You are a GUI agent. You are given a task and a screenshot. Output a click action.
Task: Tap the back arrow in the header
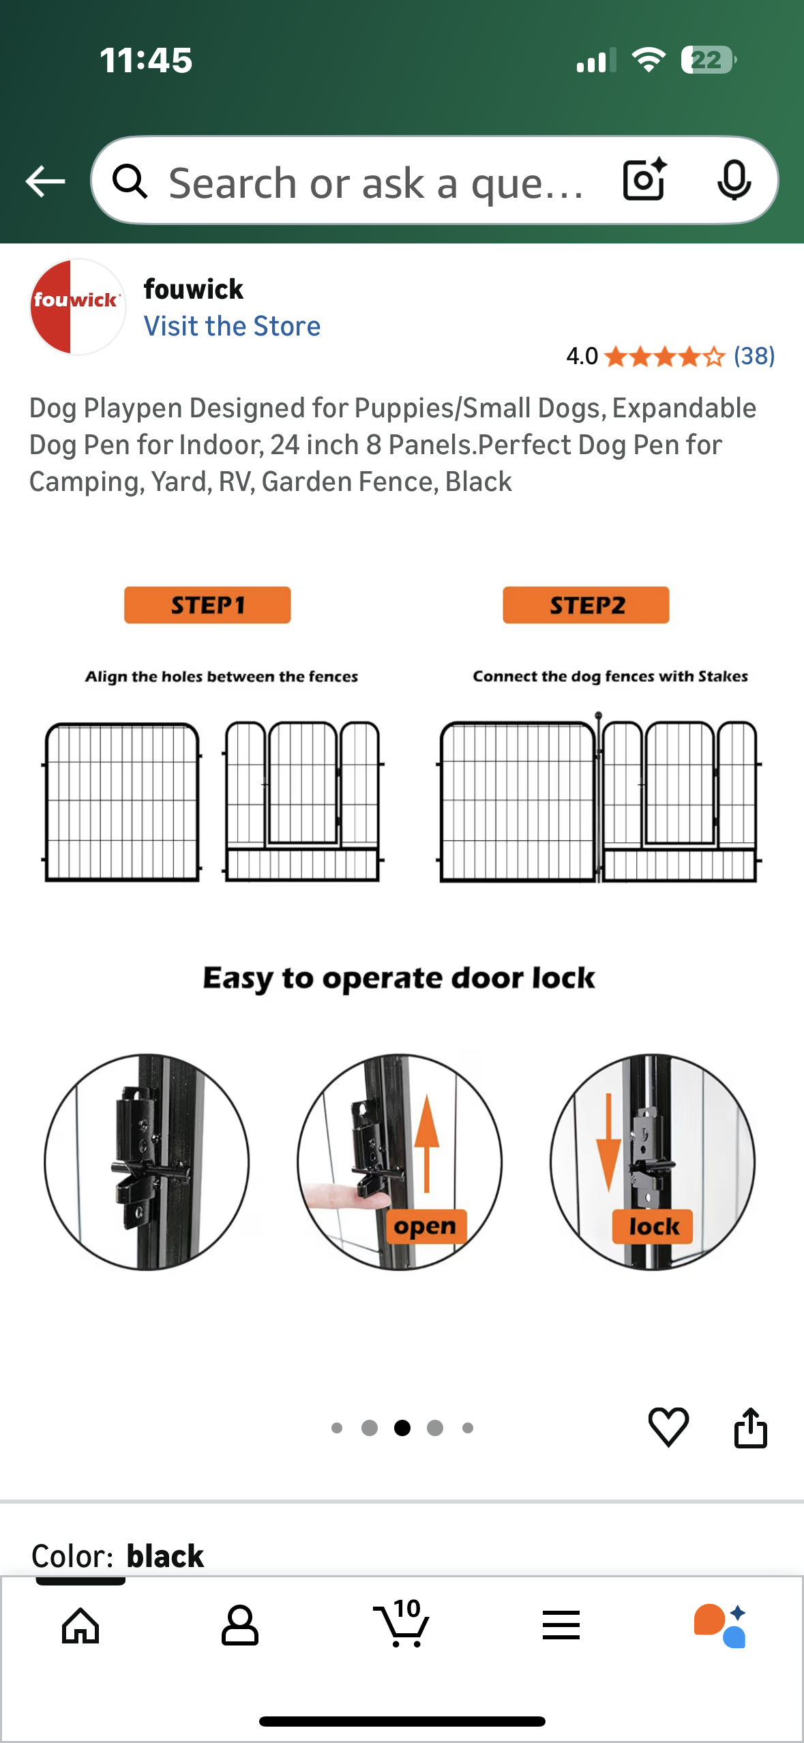(x=45, y=181)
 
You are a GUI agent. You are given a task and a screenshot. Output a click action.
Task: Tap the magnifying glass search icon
(x=130, y=181)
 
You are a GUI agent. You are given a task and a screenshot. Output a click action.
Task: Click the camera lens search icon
(x=644, y=180)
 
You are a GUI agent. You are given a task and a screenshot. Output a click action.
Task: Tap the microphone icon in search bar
(x=734, y=180)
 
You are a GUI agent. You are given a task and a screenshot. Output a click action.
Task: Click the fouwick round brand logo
(x=77, y=306)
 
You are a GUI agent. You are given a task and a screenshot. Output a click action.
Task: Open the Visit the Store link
(x=232, y=326)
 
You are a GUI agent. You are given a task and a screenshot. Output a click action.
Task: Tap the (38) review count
(x=754, y=356)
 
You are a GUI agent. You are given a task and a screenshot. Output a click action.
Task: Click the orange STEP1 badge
(x=207, y=605)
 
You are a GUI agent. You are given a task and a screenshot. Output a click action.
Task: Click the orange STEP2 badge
(x=586, y=605)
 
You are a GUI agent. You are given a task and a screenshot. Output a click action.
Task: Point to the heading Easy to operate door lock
(x=399, y=978)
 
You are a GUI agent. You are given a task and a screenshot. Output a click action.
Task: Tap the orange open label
(x=426, y=1226)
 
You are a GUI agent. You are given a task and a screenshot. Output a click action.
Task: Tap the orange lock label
(x=653, y=1226)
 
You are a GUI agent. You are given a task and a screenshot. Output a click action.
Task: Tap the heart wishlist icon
(x=668, y=1427)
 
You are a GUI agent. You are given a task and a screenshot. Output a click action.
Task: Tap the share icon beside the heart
(x=750, y=1427)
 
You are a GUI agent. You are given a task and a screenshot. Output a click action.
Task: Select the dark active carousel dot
(x=402, y=1427)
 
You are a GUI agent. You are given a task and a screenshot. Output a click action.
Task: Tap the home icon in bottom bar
(x=80, y=1626)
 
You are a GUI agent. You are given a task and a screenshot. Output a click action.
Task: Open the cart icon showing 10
(x=402, y=1624)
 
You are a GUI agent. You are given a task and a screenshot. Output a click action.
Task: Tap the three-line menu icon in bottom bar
(x=561, y=1626)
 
